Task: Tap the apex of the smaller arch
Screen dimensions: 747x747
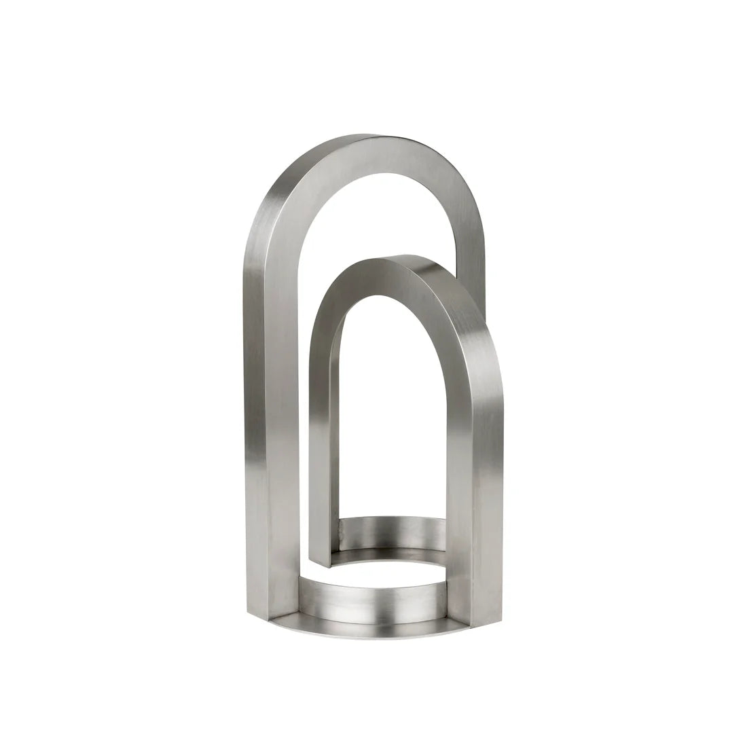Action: (x=401, y=257)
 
